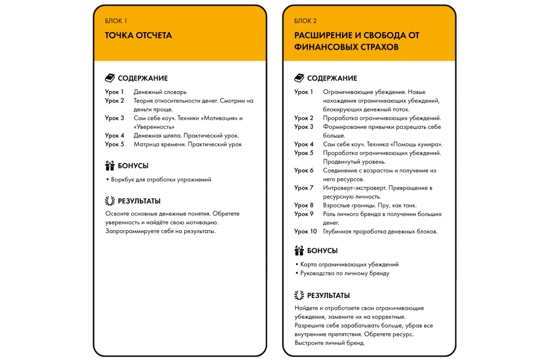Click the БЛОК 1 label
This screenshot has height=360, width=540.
[116, 21]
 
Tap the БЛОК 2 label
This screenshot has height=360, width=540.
[305, 21]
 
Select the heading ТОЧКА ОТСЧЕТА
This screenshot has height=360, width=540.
[138, 35]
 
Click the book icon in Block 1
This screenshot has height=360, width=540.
[110, 78]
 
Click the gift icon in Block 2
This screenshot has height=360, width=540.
[299, 250]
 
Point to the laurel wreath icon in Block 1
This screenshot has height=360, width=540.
[110, 201]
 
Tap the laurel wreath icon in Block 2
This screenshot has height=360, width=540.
[299, 295]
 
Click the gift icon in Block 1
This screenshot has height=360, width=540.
[110, 166]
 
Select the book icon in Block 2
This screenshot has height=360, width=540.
[299, 78]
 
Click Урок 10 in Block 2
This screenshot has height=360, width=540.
[305, 231]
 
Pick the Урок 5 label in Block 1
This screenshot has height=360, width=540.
[114, 144]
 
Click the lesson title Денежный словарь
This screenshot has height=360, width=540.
[160, 92]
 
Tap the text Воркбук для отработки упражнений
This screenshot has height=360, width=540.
[161, 179]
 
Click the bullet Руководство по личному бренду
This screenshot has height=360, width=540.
[345, 273]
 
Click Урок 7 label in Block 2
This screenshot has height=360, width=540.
[304, 188]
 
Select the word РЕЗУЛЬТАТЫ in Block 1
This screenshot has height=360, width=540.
[139, 201]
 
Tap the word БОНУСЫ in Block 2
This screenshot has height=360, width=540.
[322, 251]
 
